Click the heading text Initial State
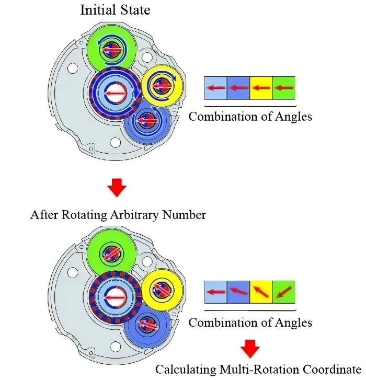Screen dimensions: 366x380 (x=115, y=10)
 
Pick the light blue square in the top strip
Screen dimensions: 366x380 (x=216, y=88)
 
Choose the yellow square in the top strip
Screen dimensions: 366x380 (x=261, y=88)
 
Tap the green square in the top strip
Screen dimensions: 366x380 (x=283, y=88)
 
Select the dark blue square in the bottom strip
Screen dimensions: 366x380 (x=238, y=292)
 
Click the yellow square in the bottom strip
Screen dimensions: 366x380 (x=261, y=292)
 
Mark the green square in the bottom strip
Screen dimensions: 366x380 (x=283, y=292)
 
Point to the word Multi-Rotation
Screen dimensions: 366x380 (x=259, y=370)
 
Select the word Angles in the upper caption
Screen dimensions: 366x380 (x=293, y=117)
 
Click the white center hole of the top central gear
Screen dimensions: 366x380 (x=116, y=93)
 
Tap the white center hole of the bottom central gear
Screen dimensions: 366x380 (x=116, y=297)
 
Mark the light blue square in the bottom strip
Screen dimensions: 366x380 (x=216, y=292)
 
